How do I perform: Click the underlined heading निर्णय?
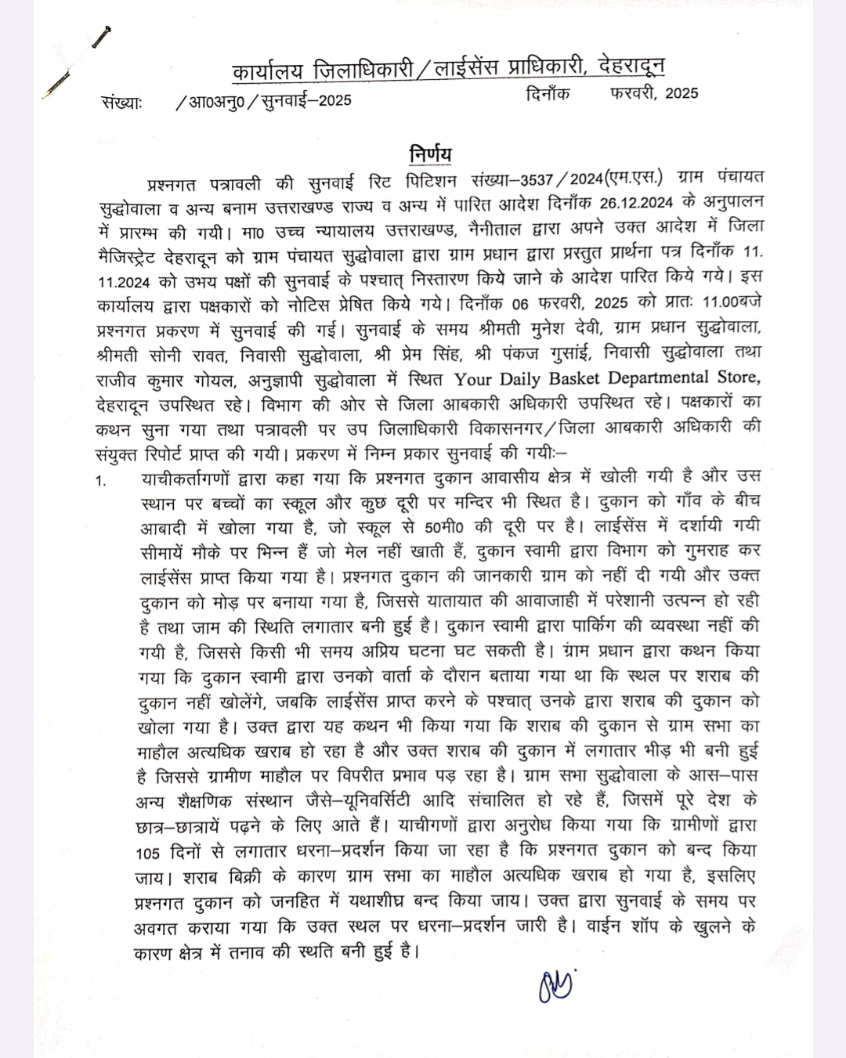click(430, 153)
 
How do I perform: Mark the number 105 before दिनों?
click(146, 852)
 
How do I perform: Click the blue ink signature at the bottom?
click(555, 985)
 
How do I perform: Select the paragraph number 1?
click(101, 480)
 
